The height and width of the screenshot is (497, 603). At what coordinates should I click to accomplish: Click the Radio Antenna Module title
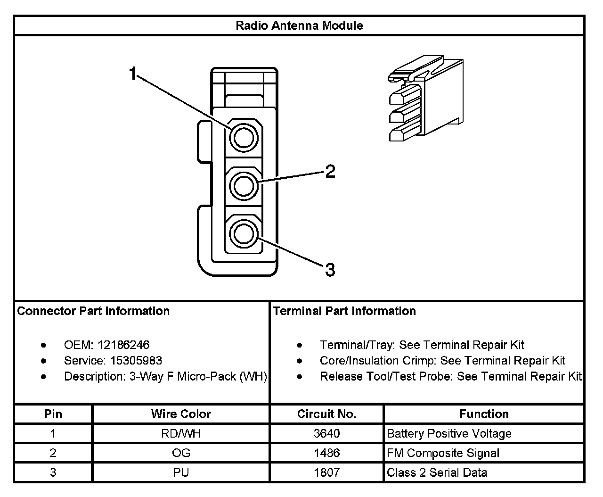(299, 25)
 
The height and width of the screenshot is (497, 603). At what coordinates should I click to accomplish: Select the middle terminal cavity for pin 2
(244, 186)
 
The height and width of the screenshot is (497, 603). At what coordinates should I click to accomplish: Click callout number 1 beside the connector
(133, 74)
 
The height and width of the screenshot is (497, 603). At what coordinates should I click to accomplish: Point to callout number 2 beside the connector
(330, 172)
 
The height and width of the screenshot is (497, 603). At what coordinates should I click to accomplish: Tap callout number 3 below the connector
(330, 270)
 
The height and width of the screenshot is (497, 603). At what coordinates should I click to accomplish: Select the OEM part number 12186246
(123, 345)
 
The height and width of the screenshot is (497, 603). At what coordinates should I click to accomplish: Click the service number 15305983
(136, 361)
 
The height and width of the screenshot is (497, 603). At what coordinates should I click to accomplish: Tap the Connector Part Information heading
(93, 311)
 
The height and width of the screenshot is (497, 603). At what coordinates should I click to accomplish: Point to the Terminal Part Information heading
(344, 311)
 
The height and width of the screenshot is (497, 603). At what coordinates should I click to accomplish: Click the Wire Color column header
(181, 414)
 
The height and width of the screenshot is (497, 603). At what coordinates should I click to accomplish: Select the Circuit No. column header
(326, 414)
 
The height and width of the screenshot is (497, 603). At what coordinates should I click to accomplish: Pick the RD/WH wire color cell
(181, 433)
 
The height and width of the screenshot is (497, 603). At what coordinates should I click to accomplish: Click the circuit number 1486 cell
(326, 453)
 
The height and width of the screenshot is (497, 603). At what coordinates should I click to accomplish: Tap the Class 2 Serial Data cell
(437, 472)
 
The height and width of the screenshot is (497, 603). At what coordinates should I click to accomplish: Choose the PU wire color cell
(181, 472)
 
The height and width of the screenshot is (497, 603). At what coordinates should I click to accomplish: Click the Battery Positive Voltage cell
(449, 433)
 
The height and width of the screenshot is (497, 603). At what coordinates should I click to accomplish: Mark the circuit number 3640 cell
(326, 433)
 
